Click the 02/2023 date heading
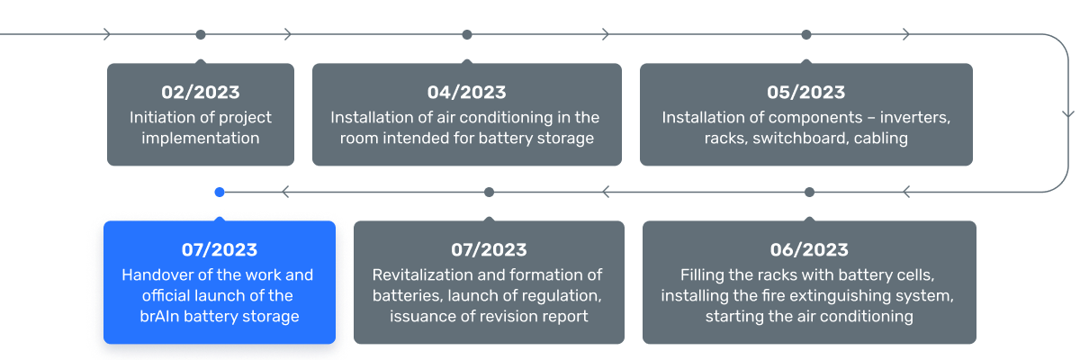(201, 93)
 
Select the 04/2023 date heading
(466, 93)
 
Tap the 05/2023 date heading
(805, 93)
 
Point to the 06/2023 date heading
(809, 250)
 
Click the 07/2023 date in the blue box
(219, 250)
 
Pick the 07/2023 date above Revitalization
(489, 250)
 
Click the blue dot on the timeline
(220, 192)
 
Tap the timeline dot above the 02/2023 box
(201, 35)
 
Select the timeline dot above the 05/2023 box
(806, 35)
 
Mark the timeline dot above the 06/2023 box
(809, 192)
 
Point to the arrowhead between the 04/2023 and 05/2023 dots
(606, 35)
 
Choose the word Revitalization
(424, 274)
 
